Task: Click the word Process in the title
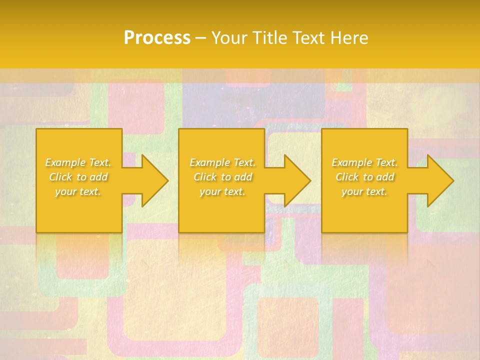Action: click(157, 38)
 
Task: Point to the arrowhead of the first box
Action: click(150, 180)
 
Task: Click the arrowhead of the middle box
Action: click(293, 180)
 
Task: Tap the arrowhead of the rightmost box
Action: click(435, 180)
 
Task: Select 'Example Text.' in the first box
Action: click(78, 162)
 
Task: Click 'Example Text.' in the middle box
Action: click(222, 162)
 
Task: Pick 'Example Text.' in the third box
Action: click(364, 162)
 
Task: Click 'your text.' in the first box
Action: click(78, 191)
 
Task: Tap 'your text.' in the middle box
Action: click(222, 191)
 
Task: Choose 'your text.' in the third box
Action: click(364, 191)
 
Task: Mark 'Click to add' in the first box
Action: click(78, 177)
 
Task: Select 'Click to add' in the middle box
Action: click(222, 177)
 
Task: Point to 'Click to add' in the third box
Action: click(364, 177)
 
